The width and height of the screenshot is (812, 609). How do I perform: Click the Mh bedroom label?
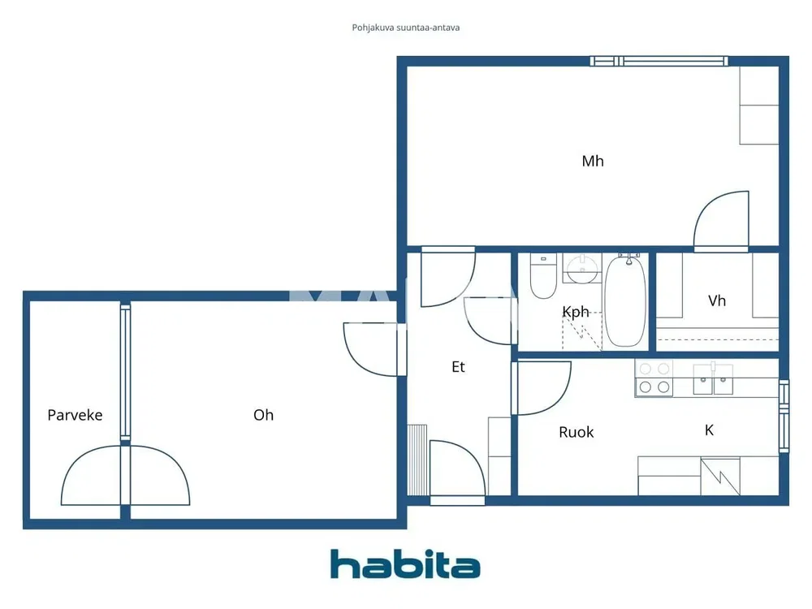tap(593, 161)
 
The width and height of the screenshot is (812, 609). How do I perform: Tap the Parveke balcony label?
tap(75, 415)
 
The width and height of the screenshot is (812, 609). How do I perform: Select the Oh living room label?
tap(263, 415)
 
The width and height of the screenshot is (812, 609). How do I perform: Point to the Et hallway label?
tap(458, 367)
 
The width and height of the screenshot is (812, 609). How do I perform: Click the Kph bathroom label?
tap(576, 312)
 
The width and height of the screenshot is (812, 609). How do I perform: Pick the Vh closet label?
tap(717, 301)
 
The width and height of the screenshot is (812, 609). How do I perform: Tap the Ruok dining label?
tap(576, 432)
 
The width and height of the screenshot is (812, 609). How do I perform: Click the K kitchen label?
tap(710, 430)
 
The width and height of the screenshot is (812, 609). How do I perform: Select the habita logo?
tap(405, 564)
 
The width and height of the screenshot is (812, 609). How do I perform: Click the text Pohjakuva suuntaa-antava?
tap(405, 28)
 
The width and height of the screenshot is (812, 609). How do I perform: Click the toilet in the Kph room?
tap(543, 275)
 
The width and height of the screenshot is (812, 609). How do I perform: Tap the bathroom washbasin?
tap(582, 268)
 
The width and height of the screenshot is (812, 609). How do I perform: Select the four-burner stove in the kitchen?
tap(654, 378)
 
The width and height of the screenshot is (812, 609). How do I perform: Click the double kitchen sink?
tap(713, 379)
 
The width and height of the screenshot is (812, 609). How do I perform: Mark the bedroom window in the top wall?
tap(659, 61)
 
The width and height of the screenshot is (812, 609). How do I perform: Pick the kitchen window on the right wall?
tap(784, 417)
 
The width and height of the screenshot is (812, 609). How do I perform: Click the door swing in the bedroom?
tap(721, 221)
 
